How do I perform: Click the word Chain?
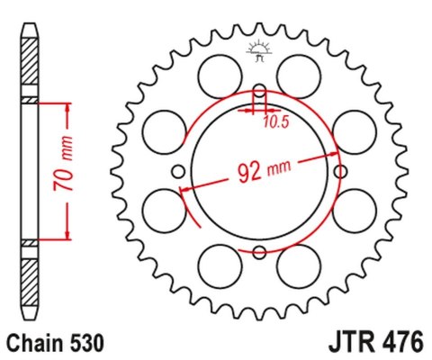[33, 343]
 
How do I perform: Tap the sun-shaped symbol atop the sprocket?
[259, 50]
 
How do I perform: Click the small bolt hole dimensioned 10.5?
[259, 92]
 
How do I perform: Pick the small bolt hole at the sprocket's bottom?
[259, 253]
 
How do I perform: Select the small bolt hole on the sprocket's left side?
[178, 172]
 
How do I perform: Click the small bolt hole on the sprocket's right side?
[340, 171]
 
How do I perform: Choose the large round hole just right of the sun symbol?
[299, 73]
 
